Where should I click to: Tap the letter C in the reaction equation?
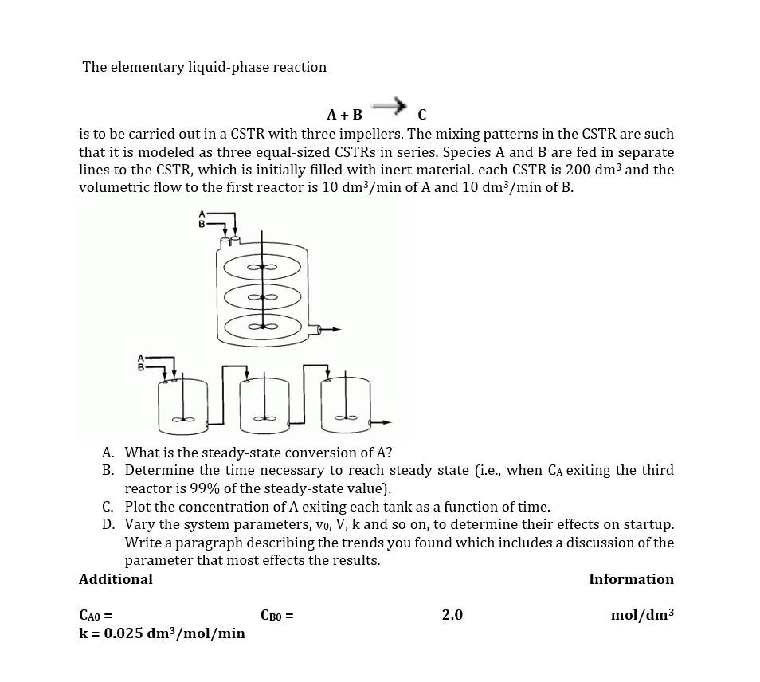(421, 114)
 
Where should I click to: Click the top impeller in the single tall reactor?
(262, 267)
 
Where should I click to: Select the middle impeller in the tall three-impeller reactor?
(262, 297)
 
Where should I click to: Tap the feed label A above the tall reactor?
(202, 214)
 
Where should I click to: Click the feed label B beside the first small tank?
(142, 368)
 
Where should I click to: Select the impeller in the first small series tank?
(185, 418)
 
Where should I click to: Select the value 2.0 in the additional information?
(452, 615)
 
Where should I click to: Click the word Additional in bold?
(116, 579)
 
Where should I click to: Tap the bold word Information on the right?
(631, 579)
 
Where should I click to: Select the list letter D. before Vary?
(108, 524)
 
